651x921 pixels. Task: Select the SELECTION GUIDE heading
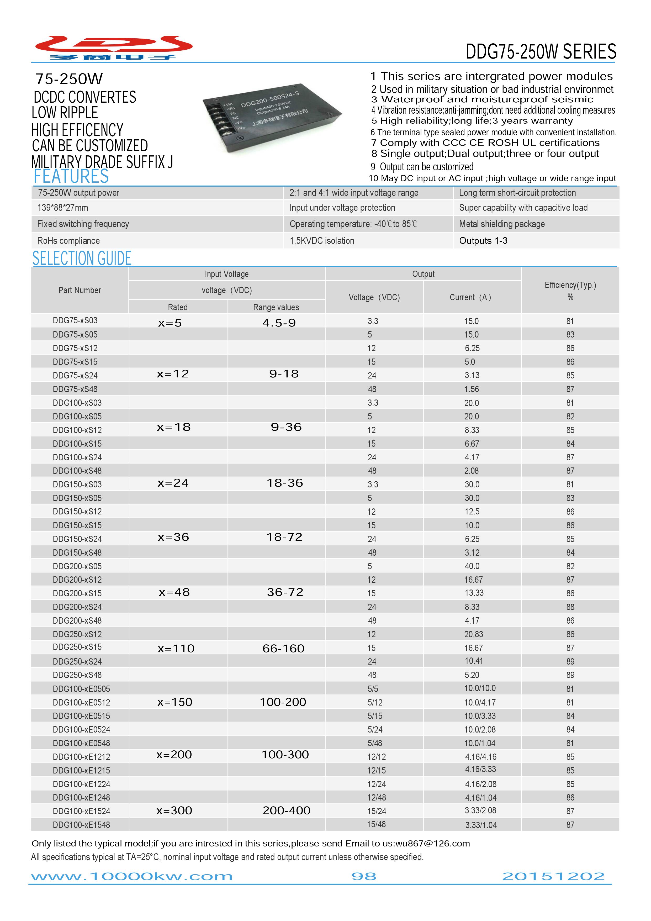82,258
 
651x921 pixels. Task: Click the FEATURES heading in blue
71,176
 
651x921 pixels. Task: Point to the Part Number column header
80,290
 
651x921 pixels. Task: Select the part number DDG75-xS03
75,320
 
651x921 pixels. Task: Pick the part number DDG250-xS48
77,675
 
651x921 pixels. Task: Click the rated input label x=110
176,649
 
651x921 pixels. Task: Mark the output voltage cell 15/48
376,825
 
